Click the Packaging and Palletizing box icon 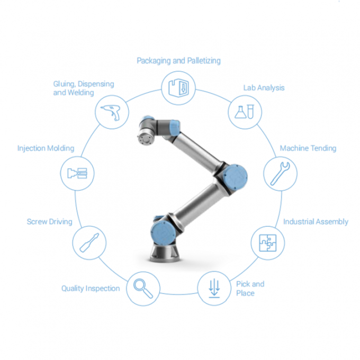[x=178, y=88]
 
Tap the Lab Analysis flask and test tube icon [x=244, y=112]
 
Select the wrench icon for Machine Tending [x=280, y=174]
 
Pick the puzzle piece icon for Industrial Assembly [x=268, y=243]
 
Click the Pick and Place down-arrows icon [x=214, y=289]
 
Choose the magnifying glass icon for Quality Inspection [x=143, y=289]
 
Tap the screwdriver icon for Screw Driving [x=89, y=242]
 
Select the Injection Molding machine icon [x=77, y=173]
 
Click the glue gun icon [x=112, y=112]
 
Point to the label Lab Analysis [x=264, y=88]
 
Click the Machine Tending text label [x=308, y=148]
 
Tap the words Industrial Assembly [x=316, y=221]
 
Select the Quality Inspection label [x=91, y=289]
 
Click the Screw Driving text [x=49, y=221]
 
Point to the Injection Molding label [x=46, y=148]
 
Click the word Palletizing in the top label [x=204, y=60]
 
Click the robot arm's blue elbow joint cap [x=235, y=177]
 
